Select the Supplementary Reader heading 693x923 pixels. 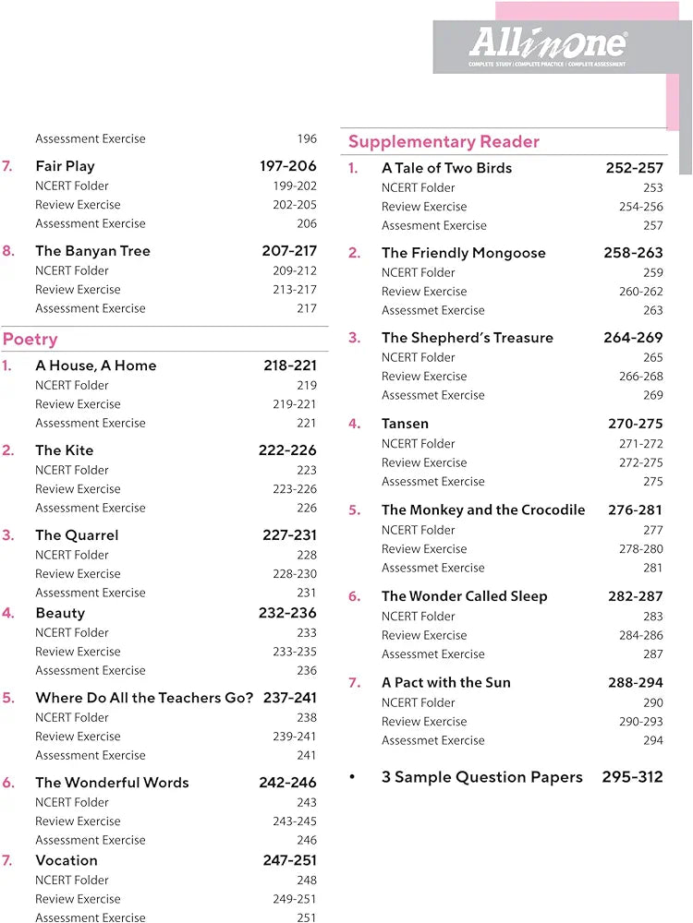point(444,142)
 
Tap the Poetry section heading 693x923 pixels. point(30,340)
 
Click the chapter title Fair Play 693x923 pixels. point(65,166)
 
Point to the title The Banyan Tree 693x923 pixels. point(92,251)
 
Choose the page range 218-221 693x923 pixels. point(289,366)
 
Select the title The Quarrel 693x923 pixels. point(77,535)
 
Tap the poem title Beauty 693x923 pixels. point(60,613)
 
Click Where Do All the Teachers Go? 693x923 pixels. point(144,698)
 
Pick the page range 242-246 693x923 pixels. point(287,783)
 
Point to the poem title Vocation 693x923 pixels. point(67,860)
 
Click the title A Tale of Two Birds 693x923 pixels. point(446,168)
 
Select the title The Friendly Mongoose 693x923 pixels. point(464,253)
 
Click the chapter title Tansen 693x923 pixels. point(405,424)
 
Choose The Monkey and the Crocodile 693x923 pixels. point(483,509)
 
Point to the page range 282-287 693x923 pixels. point(635,596)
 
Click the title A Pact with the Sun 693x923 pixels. point(446,683)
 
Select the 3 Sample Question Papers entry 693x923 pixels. point(482,777)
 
